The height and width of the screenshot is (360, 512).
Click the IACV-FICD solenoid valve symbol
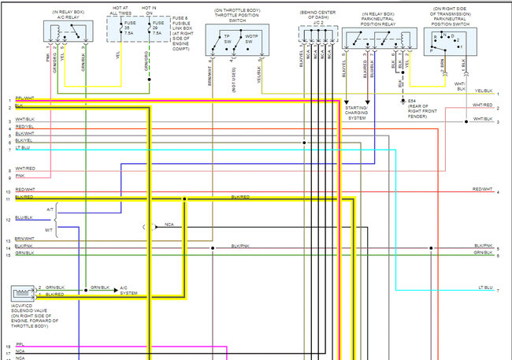22,291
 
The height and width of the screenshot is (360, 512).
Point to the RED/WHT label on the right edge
482,190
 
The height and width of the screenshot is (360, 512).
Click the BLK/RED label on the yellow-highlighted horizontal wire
240,196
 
